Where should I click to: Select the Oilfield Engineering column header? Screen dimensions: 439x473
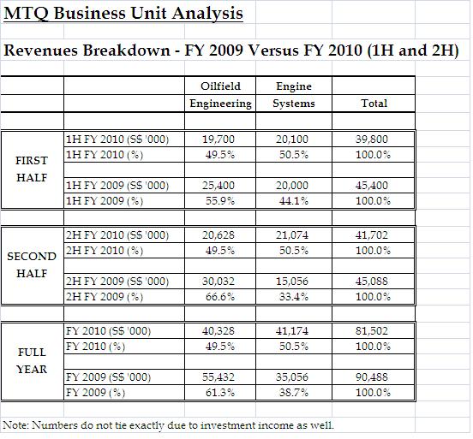(x=220, y=95)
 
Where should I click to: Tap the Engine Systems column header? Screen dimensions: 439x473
(x=294, y=95)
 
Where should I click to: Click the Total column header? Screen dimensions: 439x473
(x=373, y=104)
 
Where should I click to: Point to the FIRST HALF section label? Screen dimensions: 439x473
(x=32, y=169)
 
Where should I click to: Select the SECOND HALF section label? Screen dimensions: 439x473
(x=32, y=264)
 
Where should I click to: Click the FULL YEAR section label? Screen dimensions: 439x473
(x=32, y=360)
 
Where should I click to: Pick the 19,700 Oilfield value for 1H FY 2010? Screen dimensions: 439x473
(x=220, y=138)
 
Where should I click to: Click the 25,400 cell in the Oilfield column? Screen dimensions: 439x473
(x=220, y=186)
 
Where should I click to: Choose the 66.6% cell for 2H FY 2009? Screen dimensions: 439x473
(x=220, y=296)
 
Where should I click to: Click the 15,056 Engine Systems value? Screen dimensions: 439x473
(x=294, y=282)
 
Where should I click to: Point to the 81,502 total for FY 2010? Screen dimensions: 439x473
(x=373, y=329)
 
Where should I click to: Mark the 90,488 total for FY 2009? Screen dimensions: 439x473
(x=373, y=377)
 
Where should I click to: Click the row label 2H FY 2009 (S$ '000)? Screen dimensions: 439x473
(x=117, y=282)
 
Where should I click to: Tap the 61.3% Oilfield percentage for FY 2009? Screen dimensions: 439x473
(x=220, y=392)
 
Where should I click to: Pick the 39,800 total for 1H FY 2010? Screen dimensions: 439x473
(x=373, y=138)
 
